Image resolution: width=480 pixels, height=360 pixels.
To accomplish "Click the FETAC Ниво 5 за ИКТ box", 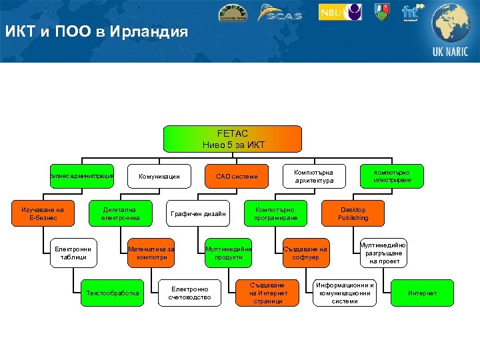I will coord(233,139).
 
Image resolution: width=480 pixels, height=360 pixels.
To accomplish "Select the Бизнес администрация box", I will coord(82,176).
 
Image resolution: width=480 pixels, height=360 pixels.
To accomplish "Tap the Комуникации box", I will coord(159,177).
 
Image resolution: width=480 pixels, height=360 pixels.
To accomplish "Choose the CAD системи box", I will coord(236,177).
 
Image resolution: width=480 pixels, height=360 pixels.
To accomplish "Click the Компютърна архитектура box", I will coord(313,177).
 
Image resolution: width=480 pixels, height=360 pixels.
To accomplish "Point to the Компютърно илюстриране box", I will coord(391,176).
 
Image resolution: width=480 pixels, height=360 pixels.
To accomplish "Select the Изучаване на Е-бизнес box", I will coord(43,213).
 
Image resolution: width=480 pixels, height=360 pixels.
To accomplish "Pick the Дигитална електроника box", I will coord(121,213).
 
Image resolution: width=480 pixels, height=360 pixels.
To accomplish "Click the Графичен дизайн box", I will coord(198,213).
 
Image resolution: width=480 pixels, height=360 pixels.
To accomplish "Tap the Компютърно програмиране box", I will coord(275,213).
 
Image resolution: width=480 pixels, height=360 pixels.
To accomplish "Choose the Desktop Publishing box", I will coord(353,213).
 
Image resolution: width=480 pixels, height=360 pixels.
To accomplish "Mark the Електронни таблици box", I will coord(73,253).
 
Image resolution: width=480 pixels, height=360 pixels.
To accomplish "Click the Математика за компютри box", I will coord(151,253).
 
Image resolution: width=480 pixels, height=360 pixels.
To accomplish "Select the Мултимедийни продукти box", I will coord(229,253).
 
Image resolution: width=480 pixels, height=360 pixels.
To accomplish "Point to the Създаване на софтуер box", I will coord(305,253).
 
